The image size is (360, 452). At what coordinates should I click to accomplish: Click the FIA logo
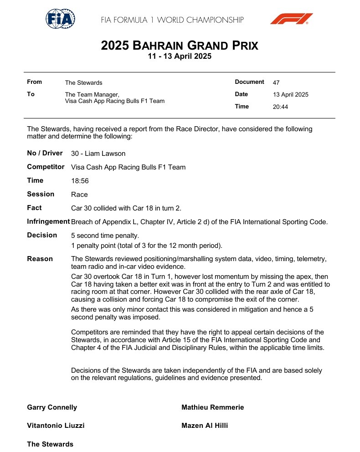coord(60,19)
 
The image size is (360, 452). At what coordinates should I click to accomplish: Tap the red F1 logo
coord(291,19)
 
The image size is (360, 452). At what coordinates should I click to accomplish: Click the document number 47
coord(276,82)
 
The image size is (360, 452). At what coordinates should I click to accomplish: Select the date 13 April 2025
coord(290,95)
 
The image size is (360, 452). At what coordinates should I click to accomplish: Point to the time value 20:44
coord(280,107)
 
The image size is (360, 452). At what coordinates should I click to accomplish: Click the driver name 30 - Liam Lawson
coord(98,154)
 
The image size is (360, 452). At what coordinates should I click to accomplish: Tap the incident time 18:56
coord(80,181)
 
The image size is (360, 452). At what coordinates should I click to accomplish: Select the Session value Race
coord(79,195)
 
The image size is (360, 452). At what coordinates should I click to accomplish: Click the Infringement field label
coord(48,221)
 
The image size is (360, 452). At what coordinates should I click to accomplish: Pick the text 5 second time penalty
coord(105,236)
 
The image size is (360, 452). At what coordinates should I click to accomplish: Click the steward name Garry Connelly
coord(52,407)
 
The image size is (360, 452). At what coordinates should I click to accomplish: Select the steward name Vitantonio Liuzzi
coord(56,426)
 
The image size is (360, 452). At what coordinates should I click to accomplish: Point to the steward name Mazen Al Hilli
coord(205,426)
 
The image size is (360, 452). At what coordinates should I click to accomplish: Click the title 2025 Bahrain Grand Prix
coord(180,46)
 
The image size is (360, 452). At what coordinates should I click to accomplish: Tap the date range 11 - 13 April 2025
coord(180,57)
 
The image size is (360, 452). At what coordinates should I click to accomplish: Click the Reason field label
coord(40,259)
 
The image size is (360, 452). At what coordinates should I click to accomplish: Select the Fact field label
coord(34,208)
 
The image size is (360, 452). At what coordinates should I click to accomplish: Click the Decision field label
coord(42,235)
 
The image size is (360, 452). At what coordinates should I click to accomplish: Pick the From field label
coord(34,82)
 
